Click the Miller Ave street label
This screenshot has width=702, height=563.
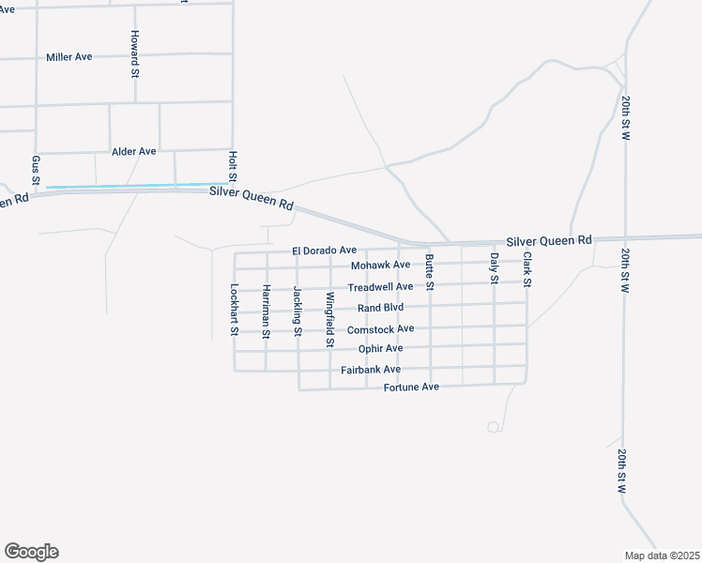[69, 57]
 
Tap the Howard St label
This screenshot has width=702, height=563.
[135, 53]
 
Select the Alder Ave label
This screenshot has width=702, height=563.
[133, 151]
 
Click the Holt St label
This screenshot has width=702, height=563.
[233, 166]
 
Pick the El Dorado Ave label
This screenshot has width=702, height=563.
[324, 251]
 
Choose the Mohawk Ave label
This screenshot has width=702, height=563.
[381, 265]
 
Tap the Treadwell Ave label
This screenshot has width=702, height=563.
[380, 287]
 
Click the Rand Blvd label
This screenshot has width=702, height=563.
[380, 308]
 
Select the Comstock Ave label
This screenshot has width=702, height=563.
[380, 329]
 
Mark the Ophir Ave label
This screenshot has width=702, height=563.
[380, 348]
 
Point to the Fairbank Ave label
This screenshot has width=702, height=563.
[371, 370]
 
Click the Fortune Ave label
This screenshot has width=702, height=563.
[411, 387]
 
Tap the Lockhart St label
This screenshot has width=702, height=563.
[235, 310]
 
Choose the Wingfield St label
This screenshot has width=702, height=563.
[329, 320]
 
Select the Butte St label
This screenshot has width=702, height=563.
[430, 271]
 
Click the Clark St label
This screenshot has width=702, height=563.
[527, 269]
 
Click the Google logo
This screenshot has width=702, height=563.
[31, 552]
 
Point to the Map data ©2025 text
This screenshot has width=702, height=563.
[662, 555]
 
